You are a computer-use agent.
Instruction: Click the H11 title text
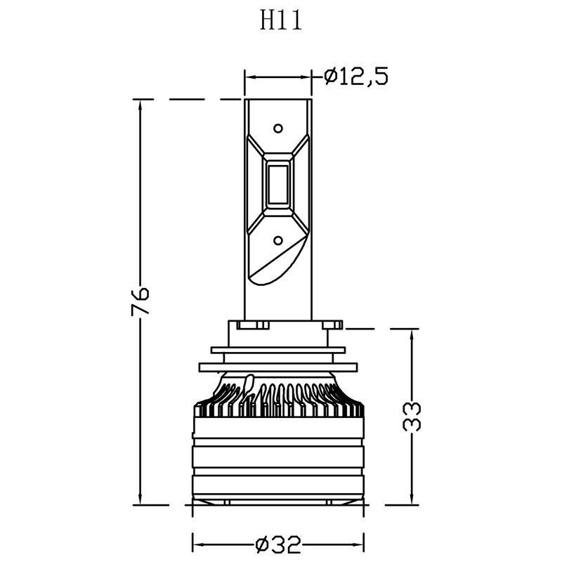(280, 21)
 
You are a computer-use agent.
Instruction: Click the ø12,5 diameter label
(356, 77)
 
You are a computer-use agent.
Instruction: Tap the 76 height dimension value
(140, 300)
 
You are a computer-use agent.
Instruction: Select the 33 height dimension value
(412, 417)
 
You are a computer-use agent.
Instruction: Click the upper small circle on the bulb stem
(278, 128)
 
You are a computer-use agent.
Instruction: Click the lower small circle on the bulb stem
(278, 240)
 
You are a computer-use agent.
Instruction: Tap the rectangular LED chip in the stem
(278, 184)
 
